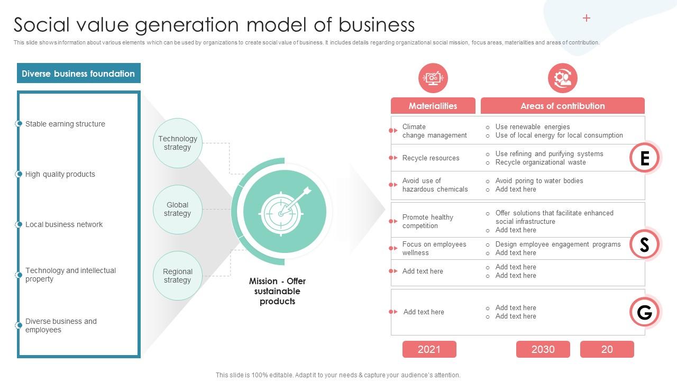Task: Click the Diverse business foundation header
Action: click(x=78, y=74)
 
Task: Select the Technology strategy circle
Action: click(x=178, y=143)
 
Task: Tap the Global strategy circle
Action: click(x=178, y=210)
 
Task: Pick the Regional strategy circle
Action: click(x=178, y=276)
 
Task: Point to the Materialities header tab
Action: click(x=433, y=106)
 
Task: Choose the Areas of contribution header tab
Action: click(x=562, y=106)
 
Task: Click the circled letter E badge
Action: click(x=645, y=158)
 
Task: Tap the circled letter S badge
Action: click(x=645, y=244)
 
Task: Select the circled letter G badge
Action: click(x=645, y=312)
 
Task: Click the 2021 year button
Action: click(x=429, y=349)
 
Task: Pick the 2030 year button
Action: click(x=543, y=349)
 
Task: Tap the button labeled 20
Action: click(x=607, y=349)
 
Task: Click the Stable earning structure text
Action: click(x=65, y=124)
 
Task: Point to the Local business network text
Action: click(x=64, y=224)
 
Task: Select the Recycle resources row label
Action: click(x=431, y=158)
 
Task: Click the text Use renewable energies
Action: click(x=532, y=127)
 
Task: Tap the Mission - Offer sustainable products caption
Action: click(x=277, y=291)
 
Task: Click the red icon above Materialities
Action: click(x=433, y=78)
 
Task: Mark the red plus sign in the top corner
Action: click(x=587, y=18)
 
